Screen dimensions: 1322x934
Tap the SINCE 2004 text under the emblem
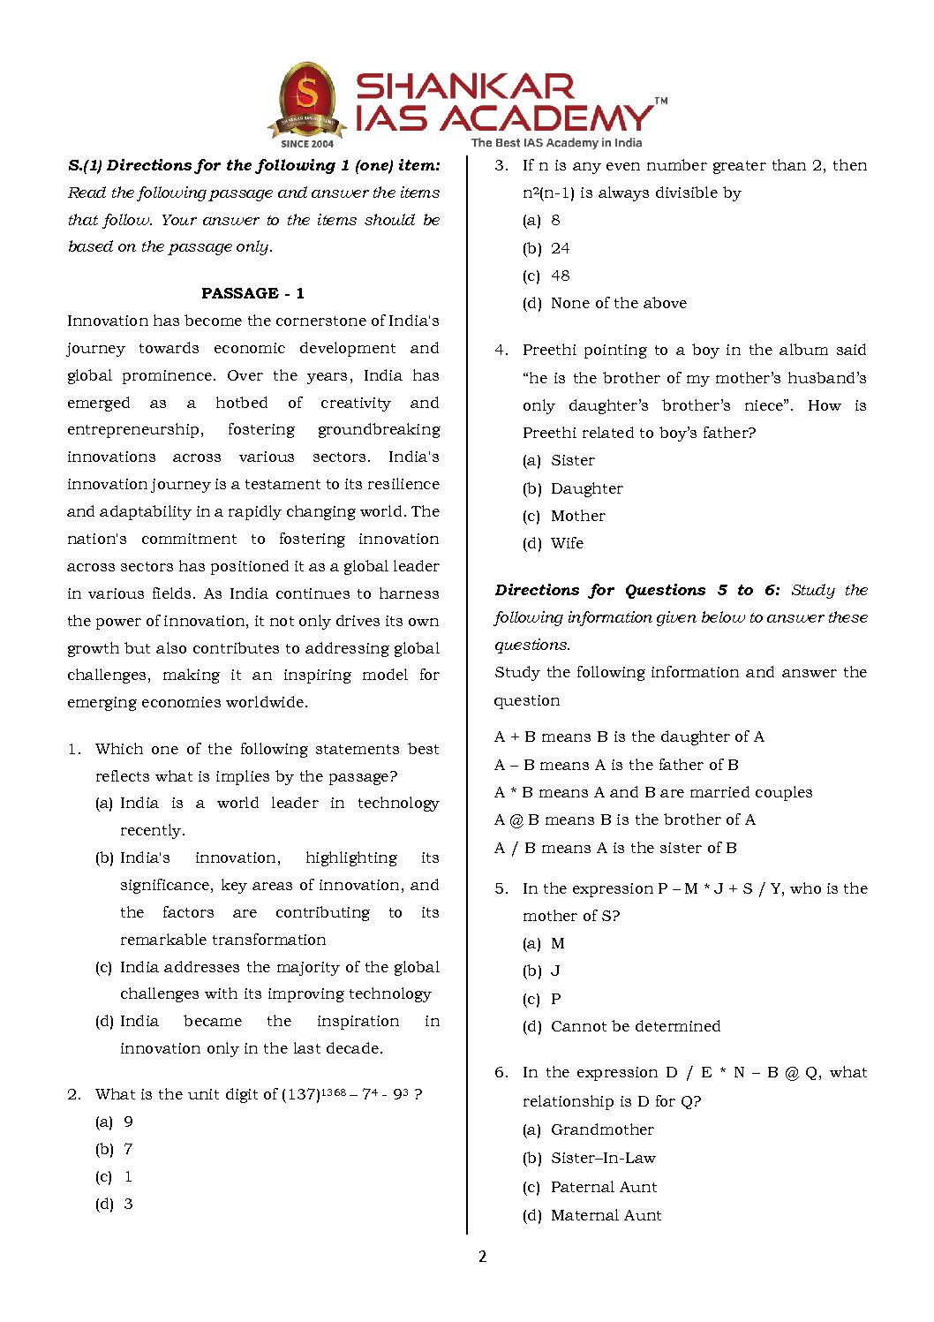(307, 143)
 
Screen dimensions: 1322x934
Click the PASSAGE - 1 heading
(252, 293)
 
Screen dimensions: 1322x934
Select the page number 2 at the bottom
(482, 1257)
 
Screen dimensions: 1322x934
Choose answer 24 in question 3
(560, 248)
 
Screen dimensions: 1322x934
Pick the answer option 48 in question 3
(560, 276)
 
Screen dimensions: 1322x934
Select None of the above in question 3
(618, 303)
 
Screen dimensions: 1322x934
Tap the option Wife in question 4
(567, 543)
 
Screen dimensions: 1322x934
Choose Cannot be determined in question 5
(635, 1026)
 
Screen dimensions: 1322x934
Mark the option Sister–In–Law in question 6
(603, 1158)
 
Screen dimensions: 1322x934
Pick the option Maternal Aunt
(606, 1215)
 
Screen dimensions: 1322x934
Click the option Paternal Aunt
(604, 1187)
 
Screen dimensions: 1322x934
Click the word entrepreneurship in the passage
(134, 430)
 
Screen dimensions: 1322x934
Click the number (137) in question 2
(300, 1095)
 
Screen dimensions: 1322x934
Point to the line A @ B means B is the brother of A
(624, 820)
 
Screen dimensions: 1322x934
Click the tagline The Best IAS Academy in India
(556, 143)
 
